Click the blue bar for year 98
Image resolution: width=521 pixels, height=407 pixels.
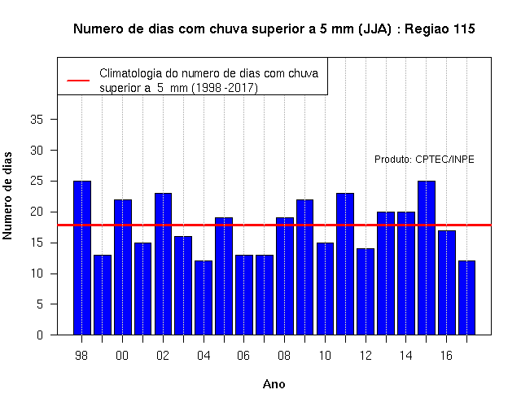click(x=82, y=258)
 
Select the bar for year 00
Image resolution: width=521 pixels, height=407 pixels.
click(x=123, y=267)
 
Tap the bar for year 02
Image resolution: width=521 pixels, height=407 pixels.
click(x=163, y=264)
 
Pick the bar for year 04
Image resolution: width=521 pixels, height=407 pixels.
click(x=204, y=298)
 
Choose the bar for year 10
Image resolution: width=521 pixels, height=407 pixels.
click(x=325, y=289)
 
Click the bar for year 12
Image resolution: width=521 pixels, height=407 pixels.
click(x=366, y=291)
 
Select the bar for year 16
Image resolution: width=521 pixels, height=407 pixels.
click(x=447, y=282)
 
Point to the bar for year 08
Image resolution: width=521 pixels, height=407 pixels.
click(x=285, y=276)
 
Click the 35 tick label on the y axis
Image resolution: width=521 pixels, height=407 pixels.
click(x=37, y=120)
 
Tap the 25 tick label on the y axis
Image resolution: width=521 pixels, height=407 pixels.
click(x=37, y=181)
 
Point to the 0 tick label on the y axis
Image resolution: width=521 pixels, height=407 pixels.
click(x=40, y=335)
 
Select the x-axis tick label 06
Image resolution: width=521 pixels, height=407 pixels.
click(x=243, y=356)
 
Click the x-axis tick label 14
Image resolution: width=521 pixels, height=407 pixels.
click(x=405, y=356)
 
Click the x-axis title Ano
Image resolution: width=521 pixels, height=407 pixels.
click(x=274, y=384)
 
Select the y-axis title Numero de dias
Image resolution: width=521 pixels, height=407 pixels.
click(x=7, y=195)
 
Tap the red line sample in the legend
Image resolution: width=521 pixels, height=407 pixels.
click(x=78, y=81)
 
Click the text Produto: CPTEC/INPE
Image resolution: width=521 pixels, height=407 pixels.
click(x=424, y=160)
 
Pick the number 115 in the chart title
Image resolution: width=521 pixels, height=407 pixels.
click(x=464, y=29)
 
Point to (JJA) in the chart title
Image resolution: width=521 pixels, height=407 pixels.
click(x=374, y=29)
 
